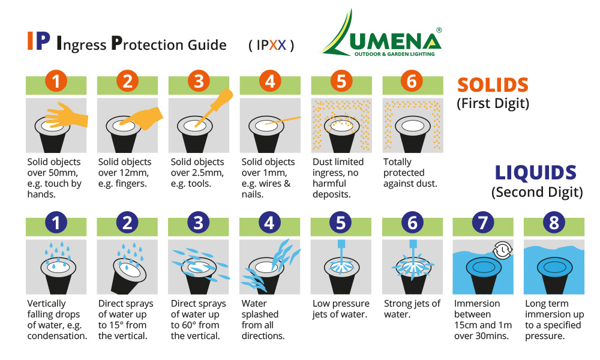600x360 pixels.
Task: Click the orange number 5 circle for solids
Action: (x=341, y=81)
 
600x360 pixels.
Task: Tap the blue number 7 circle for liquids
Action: (x=483, y=223)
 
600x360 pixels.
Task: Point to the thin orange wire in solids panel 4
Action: (x=283, y=121)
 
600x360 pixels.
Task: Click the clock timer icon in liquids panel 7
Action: (x=502, y=250)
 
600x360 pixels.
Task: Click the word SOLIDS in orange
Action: (x=493, y=85)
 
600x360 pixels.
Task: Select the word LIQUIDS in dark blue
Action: (x=536, y=173)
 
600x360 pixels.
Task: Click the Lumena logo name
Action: (x=395, y=41)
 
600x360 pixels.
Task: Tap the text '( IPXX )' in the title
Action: (x=271, y=45)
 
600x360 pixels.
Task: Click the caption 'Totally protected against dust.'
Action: (x=410, y=173)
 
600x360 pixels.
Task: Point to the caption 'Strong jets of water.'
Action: (x=412, y=309)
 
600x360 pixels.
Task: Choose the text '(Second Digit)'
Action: (x=537, y=192)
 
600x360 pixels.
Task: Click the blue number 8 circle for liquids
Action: (x=554, y=223)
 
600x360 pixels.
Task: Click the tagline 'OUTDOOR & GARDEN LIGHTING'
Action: (x=395, y=54)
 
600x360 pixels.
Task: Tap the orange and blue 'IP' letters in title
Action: (x=38, y=41)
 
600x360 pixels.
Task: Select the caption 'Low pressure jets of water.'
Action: (x=341, y=309)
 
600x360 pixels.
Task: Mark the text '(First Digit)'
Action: (x=493, y=104)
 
